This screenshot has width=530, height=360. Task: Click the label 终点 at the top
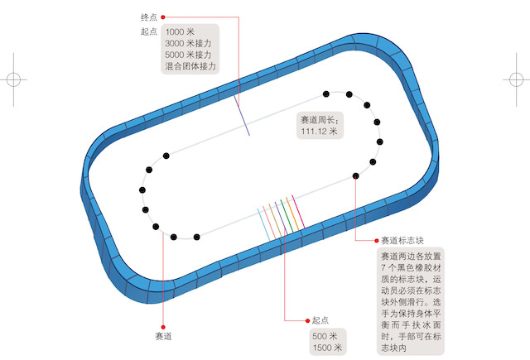point(149,17)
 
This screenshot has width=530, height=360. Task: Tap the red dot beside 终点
point(163,17)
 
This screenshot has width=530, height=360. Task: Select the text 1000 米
point(181,31)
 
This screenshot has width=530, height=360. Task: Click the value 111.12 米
point(320,131)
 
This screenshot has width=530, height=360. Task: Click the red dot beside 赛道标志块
point(378,241)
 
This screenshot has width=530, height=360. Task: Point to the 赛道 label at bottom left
point(163,338)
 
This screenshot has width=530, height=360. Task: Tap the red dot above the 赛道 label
point(163,326)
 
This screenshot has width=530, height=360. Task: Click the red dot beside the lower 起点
point(306,319)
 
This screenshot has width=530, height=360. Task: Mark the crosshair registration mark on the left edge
point(13,79)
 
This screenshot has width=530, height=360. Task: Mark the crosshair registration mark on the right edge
point(517,79)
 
